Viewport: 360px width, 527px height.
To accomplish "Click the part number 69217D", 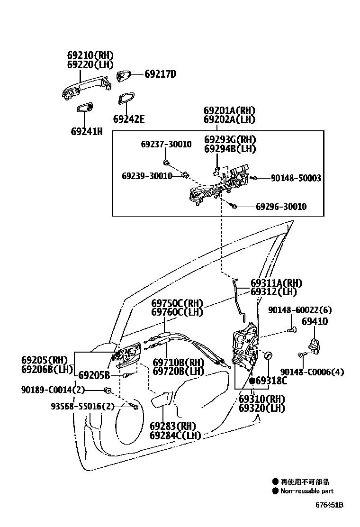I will point(160,74).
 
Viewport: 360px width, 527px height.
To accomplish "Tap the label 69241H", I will point(87,131).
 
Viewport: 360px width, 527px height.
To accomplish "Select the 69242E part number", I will point(128,119).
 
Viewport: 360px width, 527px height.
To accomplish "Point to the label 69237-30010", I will point(166,144).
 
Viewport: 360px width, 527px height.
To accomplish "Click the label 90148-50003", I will point(296,178).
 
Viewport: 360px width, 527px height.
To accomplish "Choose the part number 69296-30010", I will point(281,207).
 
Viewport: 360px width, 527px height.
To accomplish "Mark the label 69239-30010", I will point(147,176).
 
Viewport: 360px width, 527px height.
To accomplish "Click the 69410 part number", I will point(315,322).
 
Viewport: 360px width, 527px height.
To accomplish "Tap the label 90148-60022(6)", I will point(299,310).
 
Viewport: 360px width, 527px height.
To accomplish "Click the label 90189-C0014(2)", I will point(53,390).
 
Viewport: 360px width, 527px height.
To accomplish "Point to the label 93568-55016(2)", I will point(83,406).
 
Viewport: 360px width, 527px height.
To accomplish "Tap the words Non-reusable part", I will point(306,491).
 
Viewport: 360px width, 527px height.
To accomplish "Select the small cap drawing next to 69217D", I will point(125,76).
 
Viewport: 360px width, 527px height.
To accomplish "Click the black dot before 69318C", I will point(252,381).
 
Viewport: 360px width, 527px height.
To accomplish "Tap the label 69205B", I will point(94,375).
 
